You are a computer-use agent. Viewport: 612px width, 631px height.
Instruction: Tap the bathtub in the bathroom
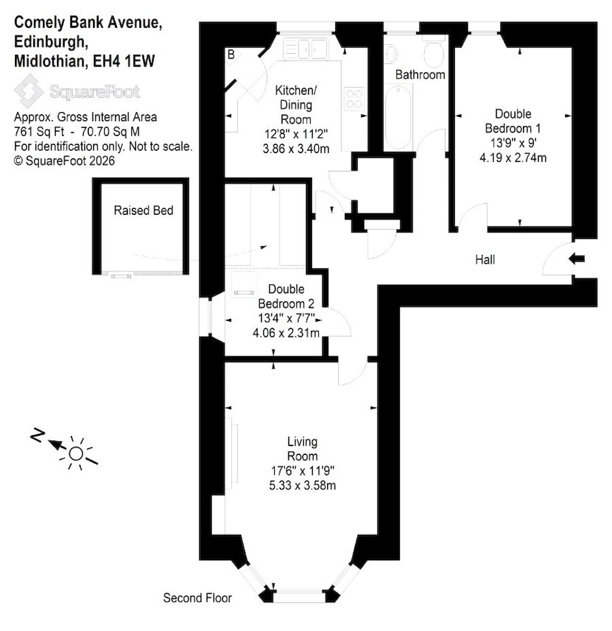[x=398, y=117]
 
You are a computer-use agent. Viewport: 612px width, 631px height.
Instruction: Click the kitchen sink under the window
[x=305, y=50]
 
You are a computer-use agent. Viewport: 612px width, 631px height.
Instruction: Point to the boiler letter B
[x=231, y=54]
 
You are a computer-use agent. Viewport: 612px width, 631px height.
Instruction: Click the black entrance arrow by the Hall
[x=577, y=259]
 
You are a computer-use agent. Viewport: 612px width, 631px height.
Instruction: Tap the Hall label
[x=485, y=260]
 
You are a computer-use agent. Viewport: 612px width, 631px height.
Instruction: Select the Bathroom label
[x=420, y=74]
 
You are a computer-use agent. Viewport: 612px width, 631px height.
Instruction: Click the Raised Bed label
[x=143, y=210]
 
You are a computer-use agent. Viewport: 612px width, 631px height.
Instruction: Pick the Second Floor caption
[x=198, y=598]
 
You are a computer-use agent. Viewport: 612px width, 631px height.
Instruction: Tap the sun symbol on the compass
[x=76, y=454]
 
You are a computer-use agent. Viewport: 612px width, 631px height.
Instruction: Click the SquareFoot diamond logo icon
[x=29, y=91]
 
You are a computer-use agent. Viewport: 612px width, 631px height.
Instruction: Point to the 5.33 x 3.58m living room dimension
[x=303, y=485]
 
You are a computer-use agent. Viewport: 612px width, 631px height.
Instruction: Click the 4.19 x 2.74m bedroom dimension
[x=513, y=157]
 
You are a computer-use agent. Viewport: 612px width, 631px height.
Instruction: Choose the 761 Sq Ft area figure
[x=40, y=132]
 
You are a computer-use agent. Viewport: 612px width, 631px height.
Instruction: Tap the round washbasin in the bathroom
[x=390, y=54]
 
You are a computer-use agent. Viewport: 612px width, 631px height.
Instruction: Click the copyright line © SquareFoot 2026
[x=65, y=160]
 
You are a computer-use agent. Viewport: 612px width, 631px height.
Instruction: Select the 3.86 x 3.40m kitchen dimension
[x=296, y=148]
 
